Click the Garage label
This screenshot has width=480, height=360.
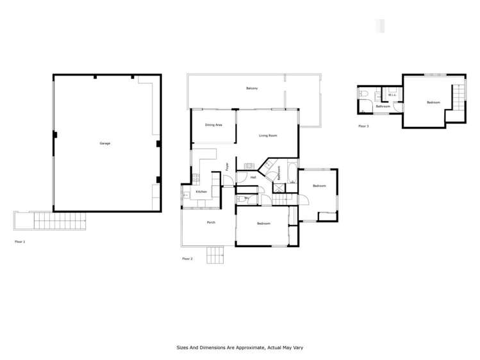click(104, 143)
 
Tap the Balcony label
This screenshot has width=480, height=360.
click(252, 88)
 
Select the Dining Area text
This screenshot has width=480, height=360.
click(213, 125)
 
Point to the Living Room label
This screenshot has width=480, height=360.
click(267, 136)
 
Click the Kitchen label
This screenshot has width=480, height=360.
click(201, 192)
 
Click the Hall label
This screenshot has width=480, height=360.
click(253, 177)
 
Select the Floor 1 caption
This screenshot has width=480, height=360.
click(20, 242)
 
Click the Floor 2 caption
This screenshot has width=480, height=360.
click(187, 259)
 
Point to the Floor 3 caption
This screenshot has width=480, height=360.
click(363, 126)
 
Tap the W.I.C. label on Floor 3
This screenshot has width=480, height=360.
click(392, 95)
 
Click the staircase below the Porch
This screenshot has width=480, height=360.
click(215, 256)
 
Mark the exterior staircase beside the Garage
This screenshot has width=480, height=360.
click(59, 221)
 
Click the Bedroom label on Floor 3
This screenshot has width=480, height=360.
click(433, 102)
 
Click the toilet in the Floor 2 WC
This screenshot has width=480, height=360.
click(239, 199)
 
